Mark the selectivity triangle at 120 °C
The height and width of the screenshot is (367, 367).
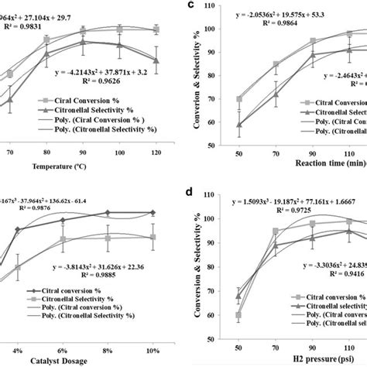coord(156,60)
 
